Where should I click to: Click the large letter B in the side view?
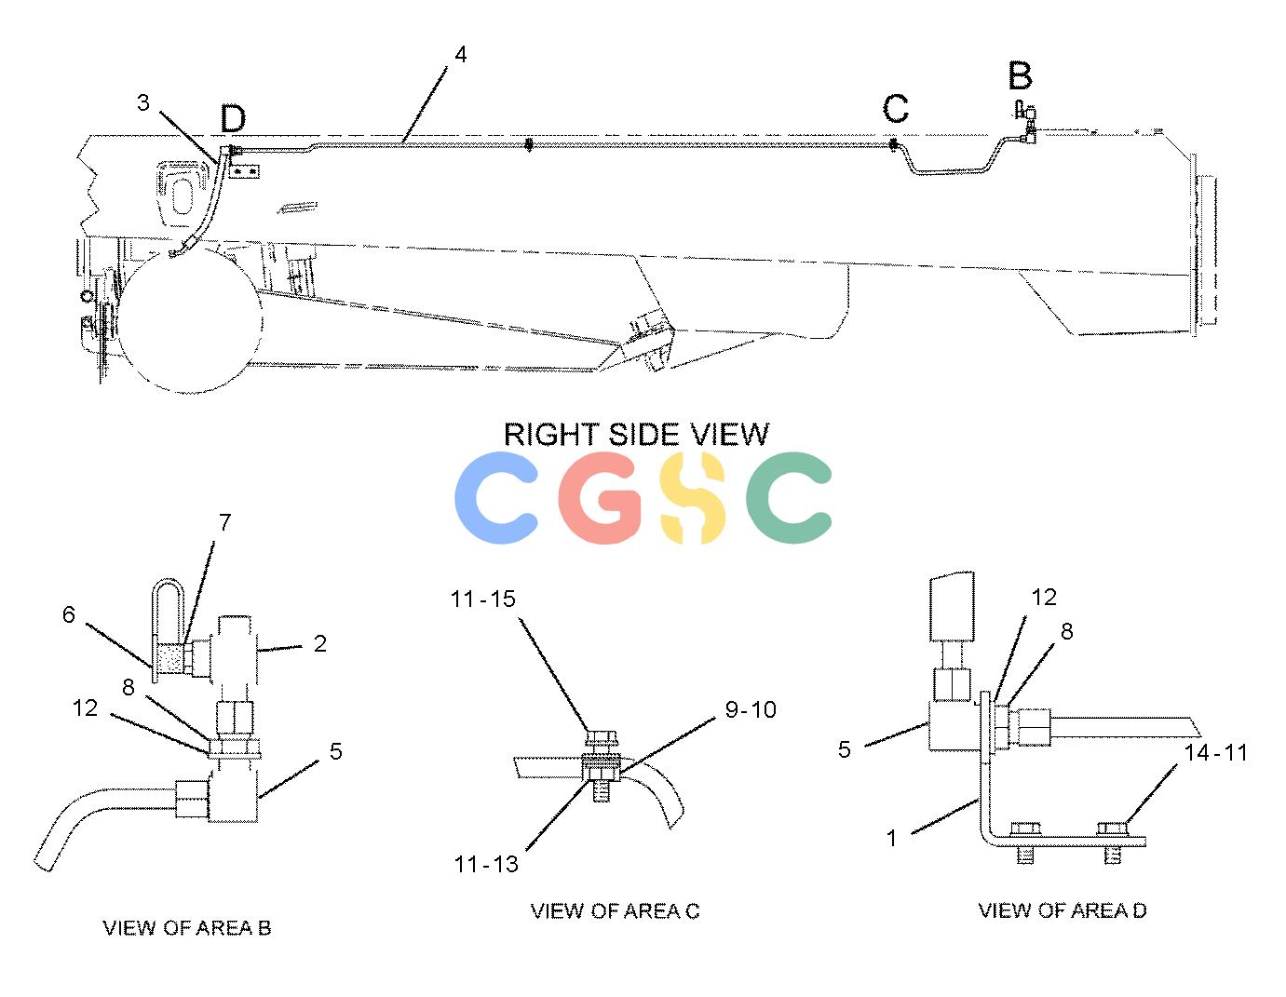click(x=1020, y=75)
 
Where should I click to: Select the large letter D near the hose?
click(x=233, y=118)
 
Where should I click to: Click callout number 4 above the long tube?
click(x=460, y=54)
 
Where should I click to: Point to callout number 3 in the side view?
click(x=143, y=103)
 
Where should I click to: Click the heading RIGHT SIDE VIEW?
click(x=636, y=435)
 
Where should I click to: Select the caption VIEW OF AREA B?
click(x=187, y=928)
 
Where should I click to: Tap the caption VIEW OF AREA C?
click(x=615, y=911)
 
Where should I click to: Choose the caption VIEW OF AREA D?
click(x=1063, y=910)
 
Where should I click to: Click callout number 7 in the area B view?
click(x=225, y=523)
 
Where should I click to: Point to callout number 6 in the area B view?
click(x=69, y=615)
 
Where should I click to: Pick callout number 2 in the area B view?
click(x=320, y=643)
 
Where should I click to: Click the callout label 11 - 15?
click(x=483, y=599)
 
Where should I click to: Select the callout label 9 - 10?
click(x=751, y=709)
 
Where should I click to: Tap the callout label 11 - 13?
click(x=486, y=865)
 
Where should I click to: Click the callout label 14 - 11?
click(x=1216, y=753)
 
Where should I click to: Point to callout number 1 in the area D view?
click(x=892, y=838)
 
